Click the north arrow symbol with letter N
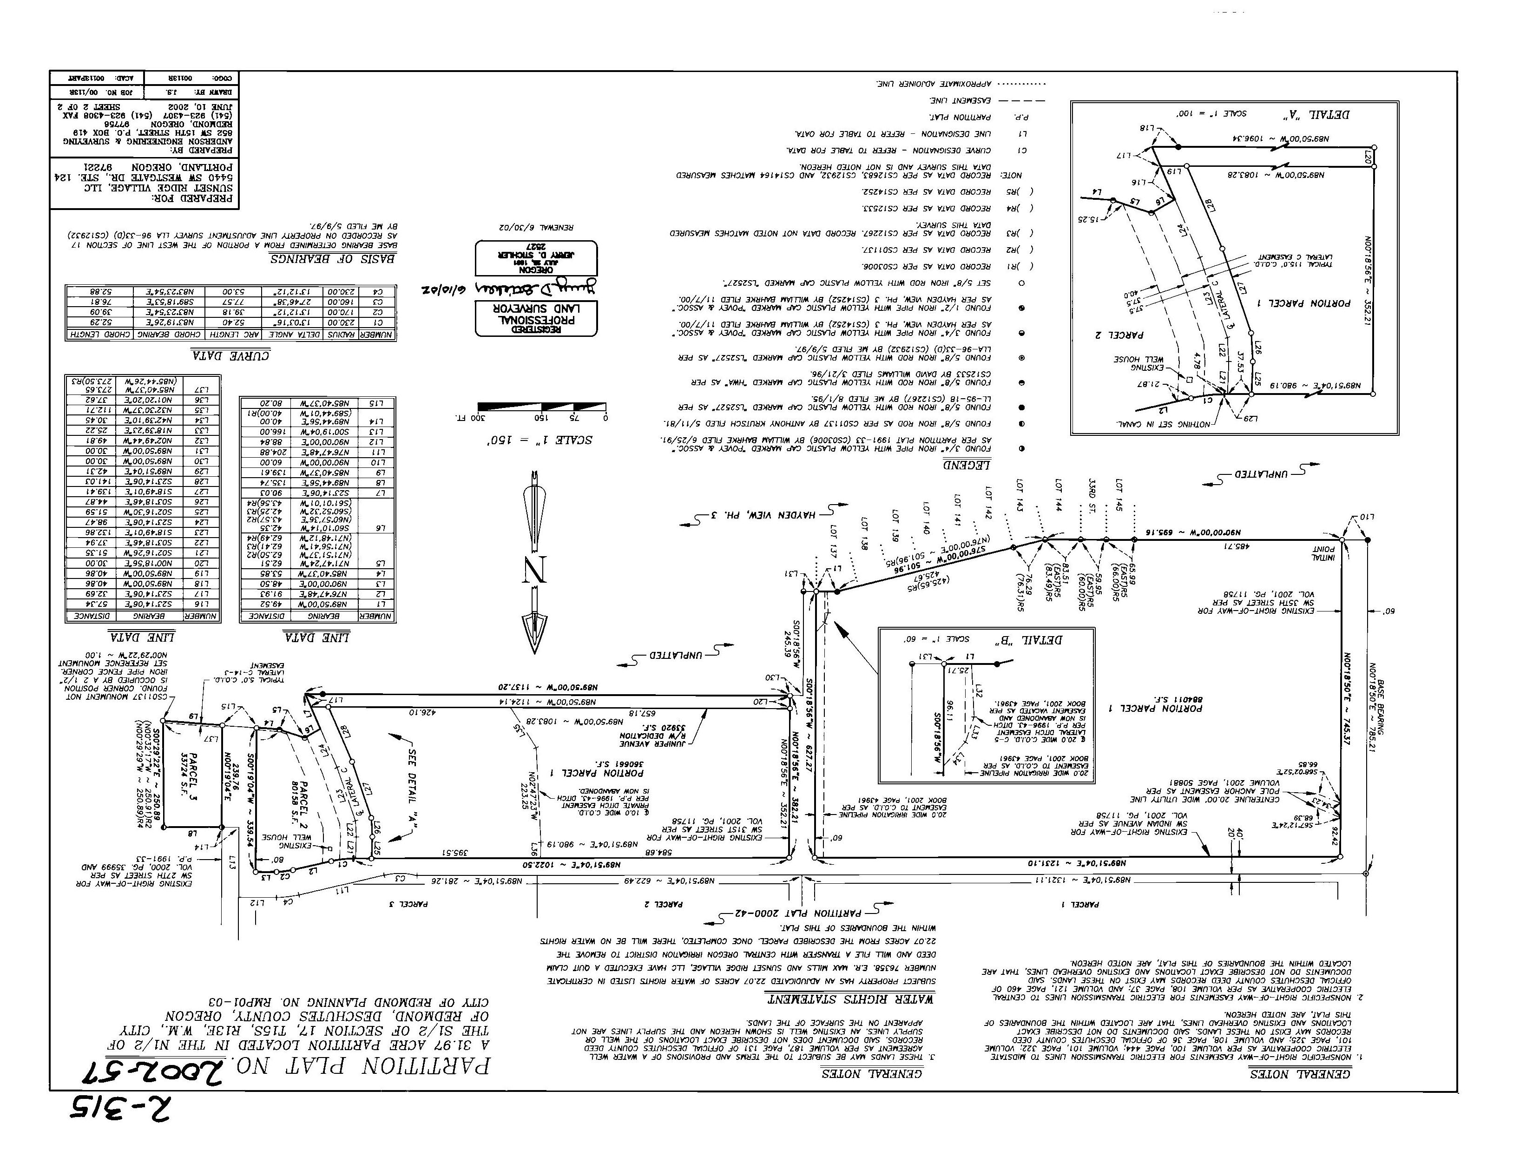[534, 561]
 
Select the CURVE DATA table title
[231, 355]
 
